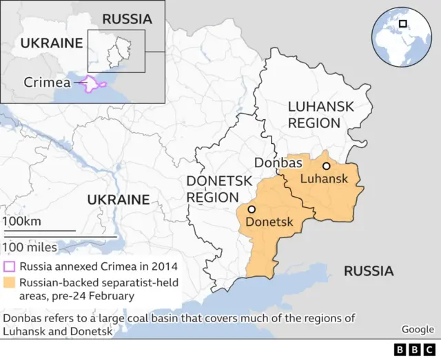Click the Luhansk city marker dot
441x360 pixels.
[326, 166]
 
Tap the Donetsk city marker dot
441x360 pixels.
[252, 209]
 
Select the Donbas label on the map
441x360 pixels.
[278, 163]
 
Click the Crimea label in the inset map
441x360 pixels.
[48, 83]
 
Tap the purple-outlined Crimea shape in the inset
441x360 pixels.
[93, 84]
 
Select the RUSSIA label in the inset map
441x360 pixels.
[127, 19]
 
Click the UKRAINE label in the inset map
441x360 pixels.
[52, 43]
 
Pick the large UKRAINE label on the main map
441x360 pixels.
[118, 200]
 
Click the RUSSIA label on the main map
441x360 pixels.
[369, 271]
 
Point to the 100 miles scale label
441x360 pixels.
[30, 246]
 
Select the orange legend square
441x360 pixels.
[10, 282]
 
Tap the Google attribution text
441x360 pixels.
[418, 329]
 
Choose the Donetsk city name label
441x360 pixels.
[269, 222]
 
